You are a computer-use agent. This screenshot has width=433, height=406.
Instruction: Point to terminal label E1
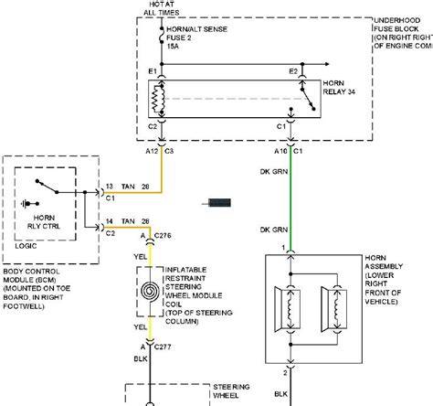153,70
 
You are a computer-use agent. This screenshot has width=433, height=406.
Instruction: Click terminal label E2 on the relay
293,70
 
